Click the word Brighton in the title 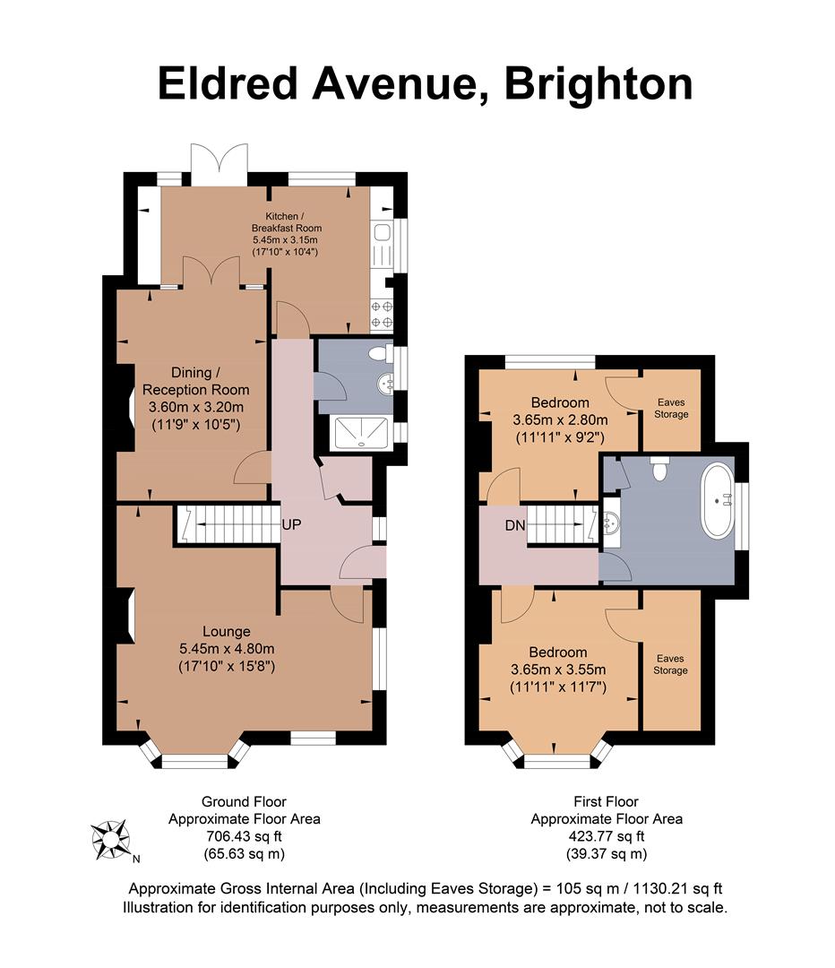point(598,85)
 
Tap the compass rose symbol point(112,840)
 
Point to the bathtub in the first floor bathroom point(718,500)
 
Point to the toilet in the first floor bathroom point(661,469)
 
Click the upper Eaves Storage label point(671,408)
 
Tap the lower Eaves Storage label point(670,663)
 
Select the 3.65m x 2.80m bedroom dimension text point(560,419)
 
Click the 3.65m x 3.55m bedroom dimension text point(558,670)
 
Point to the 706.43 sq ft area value point(244,836)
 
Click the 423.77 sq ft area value point(607,836)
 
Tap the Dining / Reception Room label point(194,381)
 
